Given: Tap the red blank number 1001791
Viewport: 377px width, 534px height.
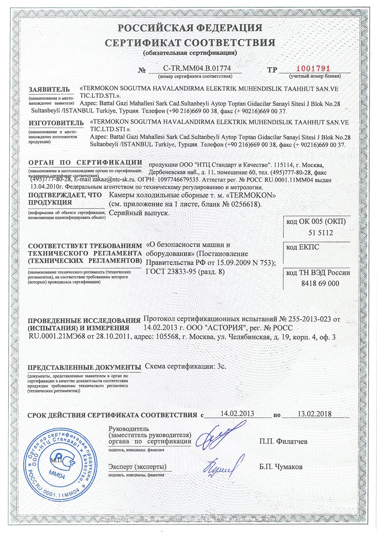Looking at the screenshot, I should [313, 69].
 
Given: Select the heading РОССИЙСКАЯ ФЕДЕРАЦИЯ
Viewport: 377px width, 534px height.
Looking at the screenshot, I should [190, 28].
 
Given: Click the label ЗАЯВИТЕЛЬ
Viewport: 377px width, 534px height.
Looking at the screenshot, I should [49, 90].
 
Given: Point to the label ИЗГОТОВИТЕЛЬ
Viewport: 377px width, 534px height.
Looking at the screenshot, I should [56, 123].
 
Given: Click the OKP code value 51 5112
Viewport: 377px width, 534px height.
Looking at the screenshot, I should [320, 233].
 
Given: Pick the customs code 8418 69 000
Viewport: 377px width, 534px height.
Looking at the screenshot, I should [320, 283].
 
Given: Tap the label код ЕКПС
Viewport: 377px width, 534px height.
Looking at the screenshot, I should [303, 247].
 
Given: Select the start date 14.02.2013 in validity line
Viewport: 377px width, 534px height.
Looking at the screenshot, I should [237, 413].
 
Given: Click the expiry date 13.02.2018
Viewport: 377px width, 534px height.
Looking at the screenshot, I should [314, 414].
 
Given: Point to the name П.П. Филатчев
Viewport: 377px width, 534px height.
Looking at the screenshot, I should [283, 441].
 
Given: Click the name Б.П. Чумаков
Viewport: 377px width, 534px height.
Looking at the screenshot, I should [281, 467].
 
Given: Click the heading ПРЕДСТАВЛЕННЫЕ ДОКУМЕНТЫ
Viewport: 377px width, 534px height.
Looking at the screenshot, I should [84, 368].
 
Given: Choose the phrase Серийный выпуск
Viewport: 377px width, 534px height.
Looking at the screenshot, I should [139, 213].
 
